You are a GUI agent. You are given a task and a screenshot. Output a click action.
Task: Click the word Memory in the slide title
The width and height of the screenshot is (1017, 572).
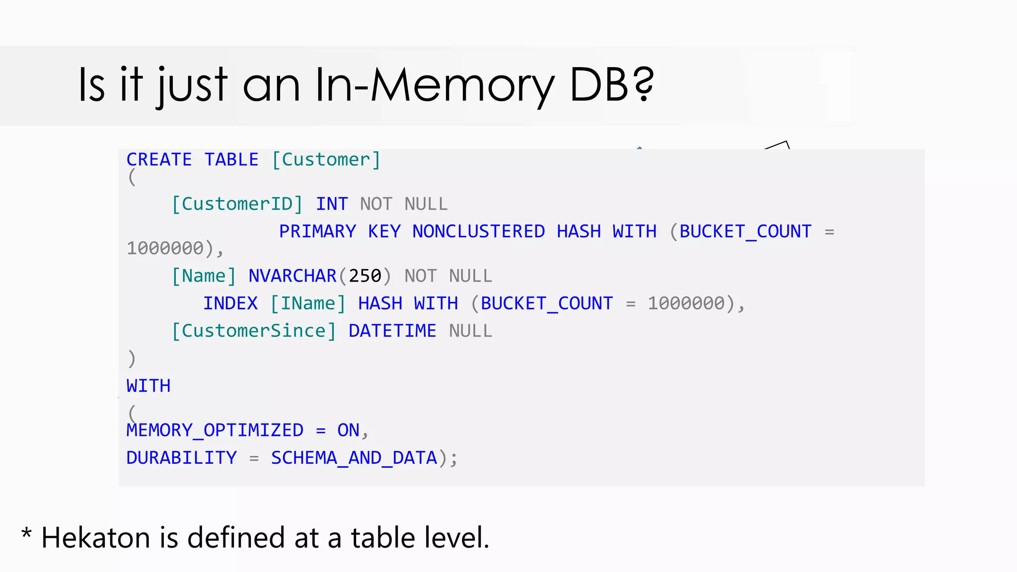[x=462, y=85]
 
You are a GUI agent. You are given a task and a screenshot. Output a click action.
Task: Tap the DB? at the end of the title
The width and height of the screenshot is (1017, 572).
[x=612, y=85]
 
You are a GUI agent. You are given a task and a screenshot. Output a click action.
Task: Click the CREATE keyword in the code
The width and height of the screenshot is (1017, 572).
[x=159, y=160]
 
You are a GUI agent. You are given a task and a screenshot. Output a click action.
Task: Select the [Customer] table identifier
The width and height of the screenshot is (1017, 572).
[x=326, y=160]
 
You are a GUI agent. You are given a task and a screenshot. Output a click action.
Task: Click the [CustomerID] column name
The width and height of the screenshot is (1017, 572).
[x=237, y=204]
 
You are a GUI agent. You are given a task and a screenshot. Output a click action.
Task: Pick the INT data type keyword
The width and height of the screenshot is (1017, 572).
[x=332, y=204]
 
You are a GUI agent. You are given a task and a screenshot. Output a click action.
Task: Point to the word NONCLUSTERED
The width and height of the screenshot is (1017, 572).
[x=478, y=231]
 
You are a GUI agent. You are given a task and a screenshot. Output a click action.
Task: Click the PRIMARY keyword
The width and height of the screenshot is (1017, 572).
[x=317, y=231]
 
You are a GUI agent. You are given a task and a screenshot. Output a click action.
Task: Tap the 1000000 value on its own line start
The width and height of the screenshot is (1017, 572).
[x=165, y=248]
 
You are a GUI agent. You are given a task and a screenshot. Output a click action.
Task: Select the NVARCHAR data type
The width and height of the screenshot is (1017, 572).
[x=292, y=276]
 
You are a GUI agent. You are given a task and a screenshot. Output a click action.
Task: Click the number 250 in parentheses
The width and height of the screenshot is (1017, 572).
[x=365, y=276]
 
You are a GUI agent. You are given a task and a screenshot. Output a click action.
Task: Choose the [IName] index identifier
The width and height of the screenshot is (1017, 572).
[x=308, y=303]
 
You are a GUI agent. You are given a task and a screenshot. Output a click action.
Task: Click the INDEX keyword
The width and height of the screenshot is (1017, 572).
[x=230, y=303]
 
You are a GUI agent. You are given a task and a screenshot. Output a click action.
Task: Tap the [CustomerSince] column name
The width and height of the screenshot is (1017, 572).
[x=254, y=331]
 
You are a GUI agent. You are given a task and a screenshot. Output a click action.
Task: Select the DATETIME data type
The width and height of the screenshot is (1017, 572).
[x=392, y=331]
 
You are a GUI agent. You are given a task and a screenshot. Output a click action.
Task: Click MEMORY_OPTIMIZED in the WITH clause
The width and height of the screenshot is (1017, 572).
[x=215, y=430]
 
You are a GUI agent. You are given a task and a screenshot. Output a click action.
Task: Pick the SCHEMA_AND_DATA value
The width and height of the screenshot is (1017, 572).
[x=354, y=458]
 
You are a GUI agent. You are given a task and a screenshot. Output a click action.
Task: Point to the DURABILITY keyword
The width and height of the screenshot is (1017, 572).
[x=181, y=458]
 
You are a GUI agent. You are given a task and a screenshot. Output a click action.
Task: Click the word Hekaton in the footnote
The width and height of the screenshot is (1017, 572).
[x=95, y=538]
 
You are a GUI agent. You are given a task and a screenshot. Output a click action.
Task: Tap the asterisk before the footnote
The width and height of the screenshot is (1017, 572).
[x=26, y=534]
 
